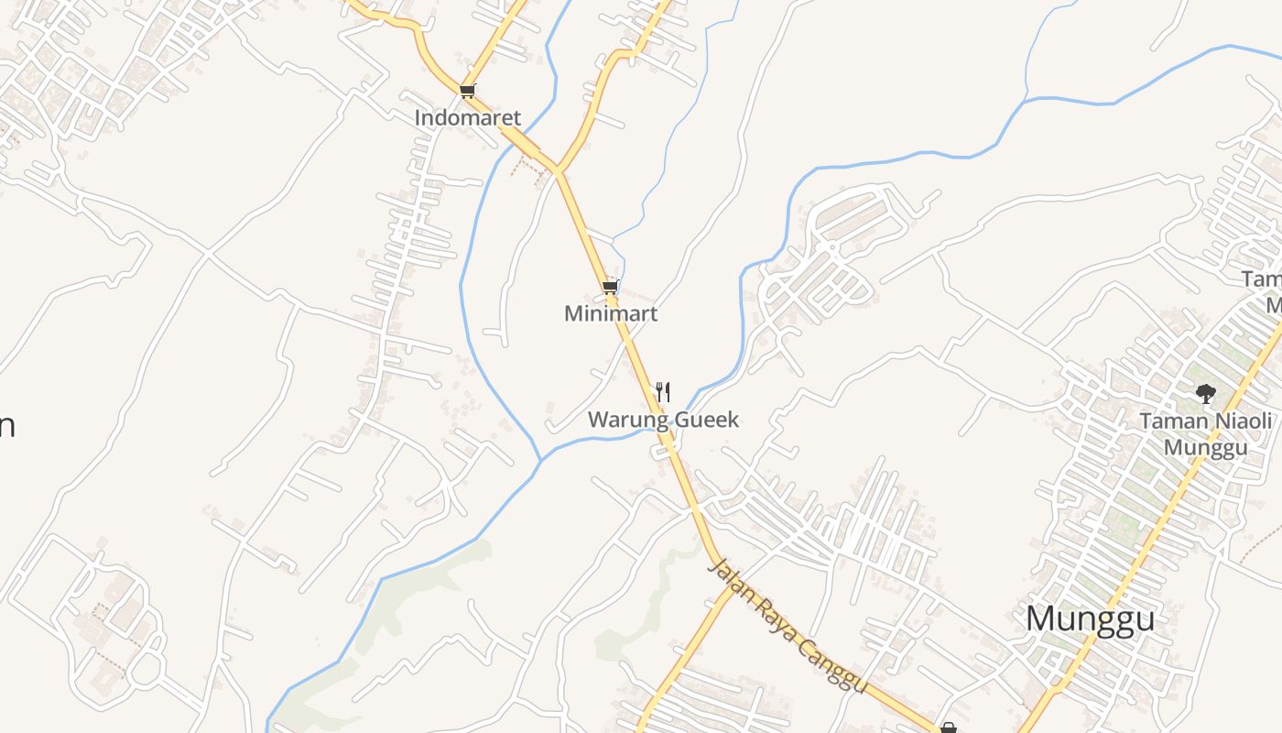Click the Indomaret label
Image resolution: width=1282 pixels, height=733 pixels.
tap(467, 118)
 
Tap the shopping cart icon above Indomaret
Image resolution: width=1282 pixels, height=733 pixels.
tap(467, 91)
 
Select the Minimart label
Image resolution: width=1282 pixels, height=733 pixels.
tap(611, 314)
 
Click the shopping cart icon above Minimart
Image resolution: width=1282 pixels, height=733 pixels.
tap(610, 288)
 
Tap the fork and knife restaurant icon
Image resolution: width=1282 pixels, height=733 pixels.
tap(663, 392)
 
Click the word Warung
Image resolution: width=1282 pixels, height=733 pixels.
tap(624, 421)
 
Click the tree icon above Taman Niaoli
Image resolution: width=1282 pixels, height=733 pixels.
tap(1205, 394)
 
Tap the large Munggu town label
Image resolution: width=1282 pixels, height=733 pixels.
tap(1090, 619)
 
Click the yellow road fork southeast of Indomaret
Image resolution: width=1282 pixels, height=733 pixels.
tap(556, 170)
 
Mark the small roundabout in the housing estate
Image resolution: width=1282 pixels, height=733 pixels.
tap(831, 246)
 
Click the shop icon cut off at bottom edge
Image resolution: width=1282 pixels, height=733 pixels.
tap(949, 728)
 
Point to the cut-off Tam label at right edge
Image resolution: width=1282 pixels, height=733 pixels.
tap(1262, 279)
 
